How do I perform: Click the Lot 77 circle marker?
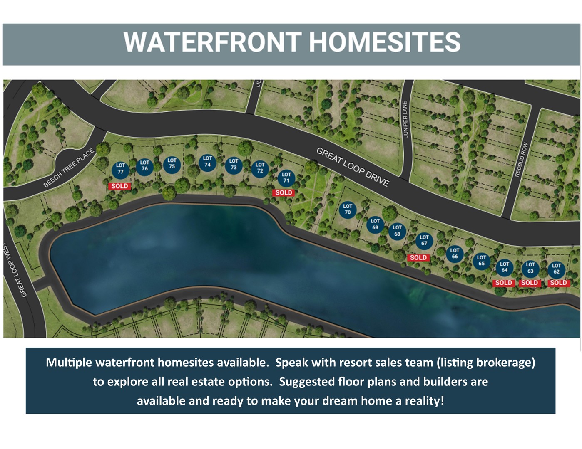121,170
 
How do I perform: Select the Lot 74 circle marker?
208,163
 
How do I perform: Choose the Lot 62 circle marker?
557,269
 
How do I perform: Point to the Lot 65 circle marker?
482,261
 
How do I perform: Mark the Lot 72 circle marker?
260,169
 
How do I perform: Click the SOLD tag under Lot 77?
120,186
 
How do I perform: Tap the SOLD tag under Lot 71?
284,192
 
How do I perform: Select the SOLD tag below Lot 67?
418,257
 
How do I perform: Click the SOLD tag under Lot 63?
530,283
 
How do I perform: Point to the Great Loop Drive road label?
353,167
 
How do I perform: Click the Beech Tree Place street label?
69,168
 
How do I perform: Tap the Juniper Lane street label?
405,119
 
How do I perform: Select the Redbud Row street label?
522,159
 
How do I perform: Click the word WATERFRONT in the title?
213,42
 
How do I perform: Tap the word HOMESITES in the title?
385,42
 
